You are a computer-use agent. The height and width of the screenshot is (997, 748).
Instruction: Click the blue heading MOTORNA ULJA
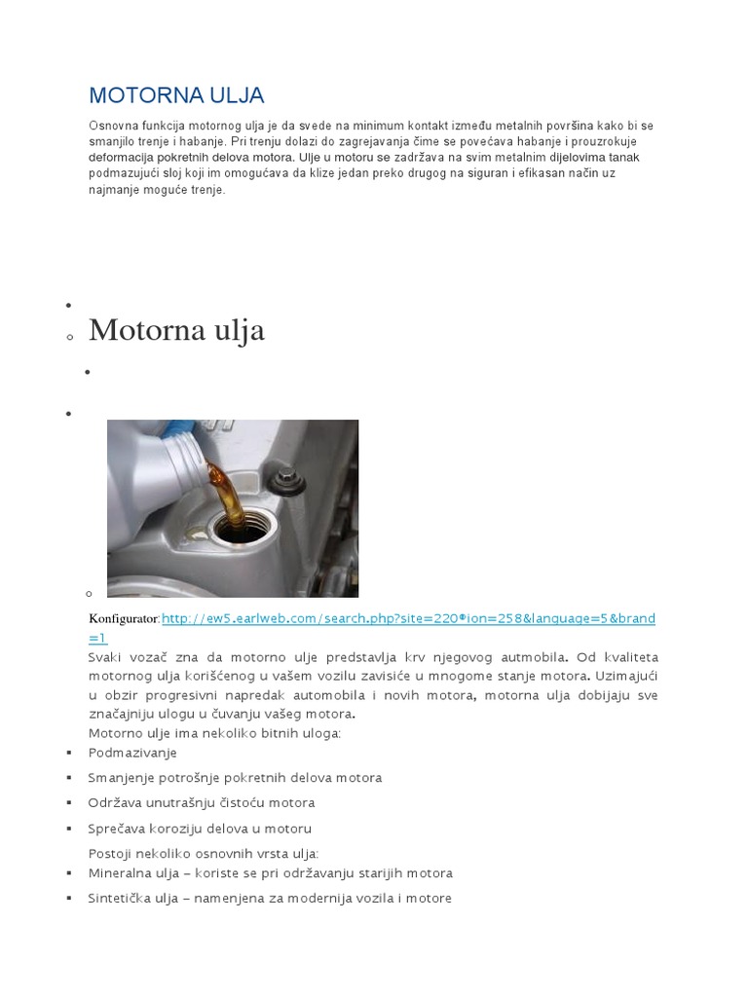(176, 95)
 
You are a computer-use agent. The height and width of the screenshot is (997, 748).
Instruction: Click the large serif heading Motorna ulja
(176, 330)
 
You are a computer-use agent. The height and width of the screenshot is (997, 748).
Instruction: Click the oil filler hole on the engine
(233, 531)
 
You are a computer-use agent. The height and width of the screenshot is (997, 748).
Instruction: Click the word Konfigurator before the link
(124, 619)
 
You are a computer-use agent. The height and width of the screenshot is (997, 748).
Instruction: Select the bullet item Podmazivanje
(132, 753)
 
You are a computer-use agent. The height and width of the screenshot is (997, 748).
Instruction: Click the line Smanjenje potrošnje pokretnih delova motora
(235, 778)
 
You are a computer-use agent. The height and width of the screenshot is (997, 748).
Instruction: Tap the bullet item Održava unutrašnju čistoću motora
(202, 803)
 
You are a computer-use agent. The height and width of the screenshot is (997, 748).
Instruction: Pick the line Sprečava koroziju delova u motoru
(200, 829)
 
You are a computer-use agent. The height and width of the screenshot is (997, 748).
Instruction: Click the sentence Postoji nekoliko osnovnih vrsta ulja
(204, 853)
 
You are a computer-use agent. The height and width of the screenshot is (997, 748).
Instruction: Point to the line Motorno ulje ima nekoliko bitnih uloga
(214, 732)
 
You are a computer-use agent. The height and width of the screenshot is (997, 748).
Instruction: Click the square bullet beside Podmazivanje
(69, 754)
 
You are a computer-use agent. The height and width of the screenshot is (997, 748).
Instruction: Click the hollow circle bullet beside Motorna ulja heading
(69, 337)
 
